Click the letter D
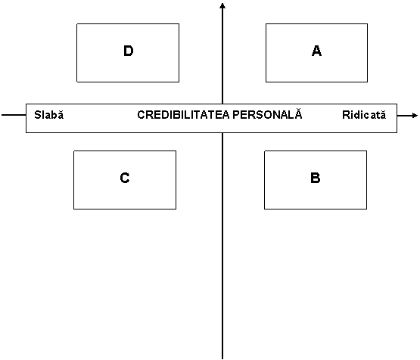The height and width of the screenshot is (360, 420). (x=129, y=51)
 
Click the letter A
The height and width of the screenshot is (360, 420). (x=316, y=51)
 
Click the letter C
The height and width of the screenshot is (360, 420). (x=125, y=178)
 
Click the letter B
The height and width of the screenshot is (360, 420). (x=316, y=178)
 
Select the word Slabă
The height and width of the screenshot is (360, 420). (x=49, y=115)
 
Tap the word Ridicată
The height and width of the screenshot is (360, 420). (x=364, y=115)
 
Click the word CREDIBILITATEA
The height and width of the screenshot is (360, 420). (x=183, y=115)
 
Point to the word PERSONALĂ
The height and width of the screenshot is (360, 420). (x=267, y=113)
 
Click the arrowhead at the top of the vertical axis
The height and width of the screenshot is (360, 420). (x=222, y=5)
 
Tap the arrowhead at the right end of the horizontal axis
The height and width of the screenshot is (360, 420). (x=415, y=116)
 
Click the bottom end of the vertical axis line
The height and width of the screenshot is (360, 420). (x=222, y=358)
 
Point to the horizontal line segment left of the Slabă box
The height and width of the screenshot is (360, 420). (x=14, y=115)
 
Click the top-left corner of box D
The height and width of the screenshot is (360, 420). (x=77, y=23)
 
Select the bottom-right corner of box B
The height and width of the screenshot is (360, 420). (x=367, y=209)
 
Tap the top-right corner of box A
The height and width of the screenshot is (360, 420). (x=368, y=23)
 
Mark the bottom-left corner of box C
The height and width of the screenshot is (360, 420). (x=73, y=209)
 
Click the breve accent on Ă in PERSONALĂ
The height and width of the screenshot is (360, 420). (x=298, y=109)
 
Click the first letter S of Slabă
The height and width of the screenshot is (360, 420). (x=38, y=115)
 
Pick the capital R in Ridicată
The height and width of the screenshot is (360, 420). (x=346, y=115)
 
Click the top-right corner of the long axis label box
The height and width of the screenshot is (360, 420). (x=397, y=104)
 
